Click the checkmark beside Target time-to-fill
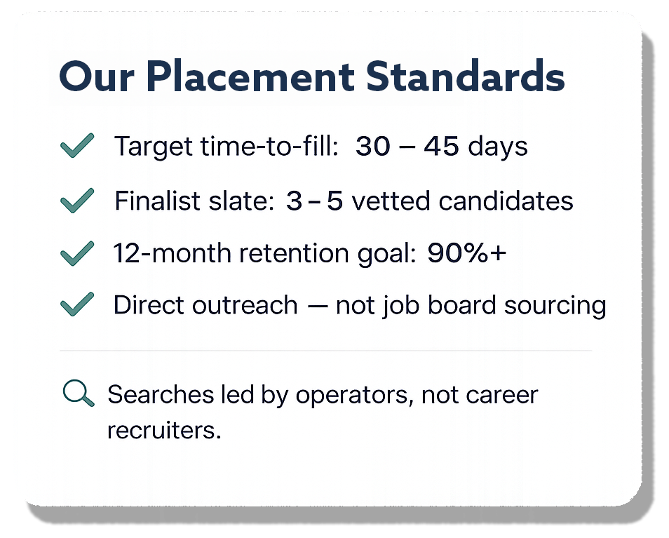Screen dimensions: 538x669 click(77, 147)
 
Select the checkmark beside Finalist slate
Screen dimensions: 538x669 click(77, 201)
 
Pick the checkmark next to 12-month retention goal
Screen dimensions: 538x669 click(77, 253)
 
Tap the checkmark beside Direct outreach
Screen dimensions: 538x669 click(77, 305)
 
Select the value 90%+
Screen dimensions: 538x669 click(466, 253)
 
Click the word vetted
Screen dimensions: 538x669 click(391, 201)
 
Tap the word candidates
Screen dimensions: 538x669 click(506, 201)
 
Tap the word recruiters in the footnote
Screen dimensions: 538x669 click(163, 430)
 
